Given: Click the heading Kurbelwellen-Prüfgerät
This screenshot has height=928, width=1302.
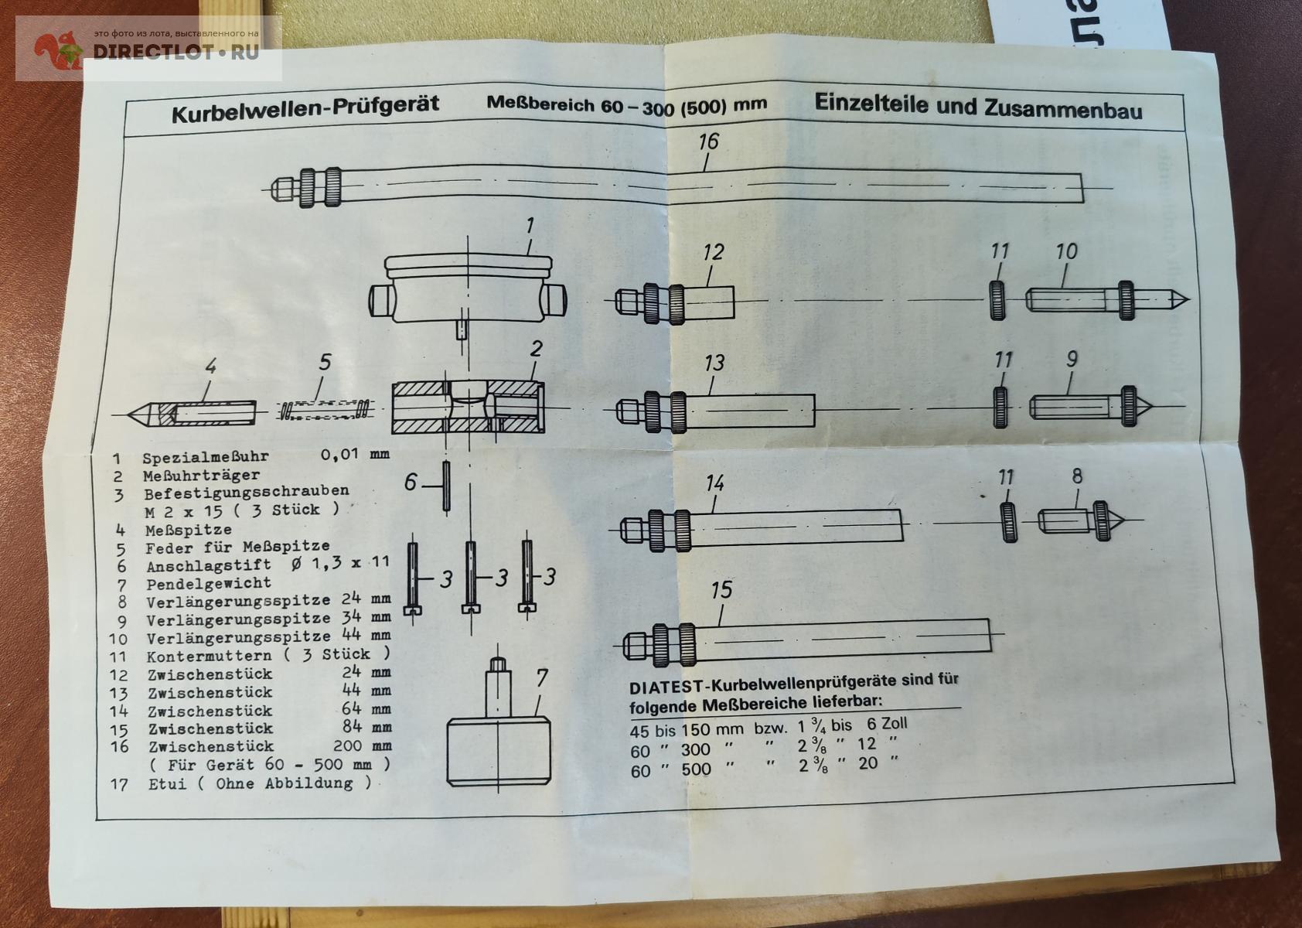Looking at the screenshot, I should click(305, 107).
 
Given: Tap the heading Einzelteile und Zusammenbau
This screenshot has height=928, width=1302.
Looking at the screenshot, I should click(977, 107).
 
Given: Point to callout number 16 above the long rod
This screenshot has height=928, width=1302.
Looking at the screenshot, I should click(707, 142).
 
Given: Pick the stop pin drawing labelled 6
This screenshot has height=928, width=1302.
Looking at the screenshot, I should click(446, 486).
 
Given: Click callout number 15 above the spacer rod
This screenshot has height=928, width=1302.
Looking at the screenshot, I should click(721, 590).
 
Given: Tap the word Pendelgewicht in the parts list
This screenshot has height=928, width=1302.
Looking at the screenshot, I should click(209, 583).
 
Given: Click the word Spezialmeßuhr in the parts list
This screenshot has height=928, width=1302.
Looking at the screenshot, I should click(205, 457).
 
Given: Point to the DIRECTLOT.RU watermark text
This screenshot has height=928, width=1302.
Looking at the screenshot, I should click(176, 53).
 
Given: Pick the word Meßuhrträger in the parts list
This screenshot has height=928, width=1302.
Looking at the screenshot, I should click(201, 476).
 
